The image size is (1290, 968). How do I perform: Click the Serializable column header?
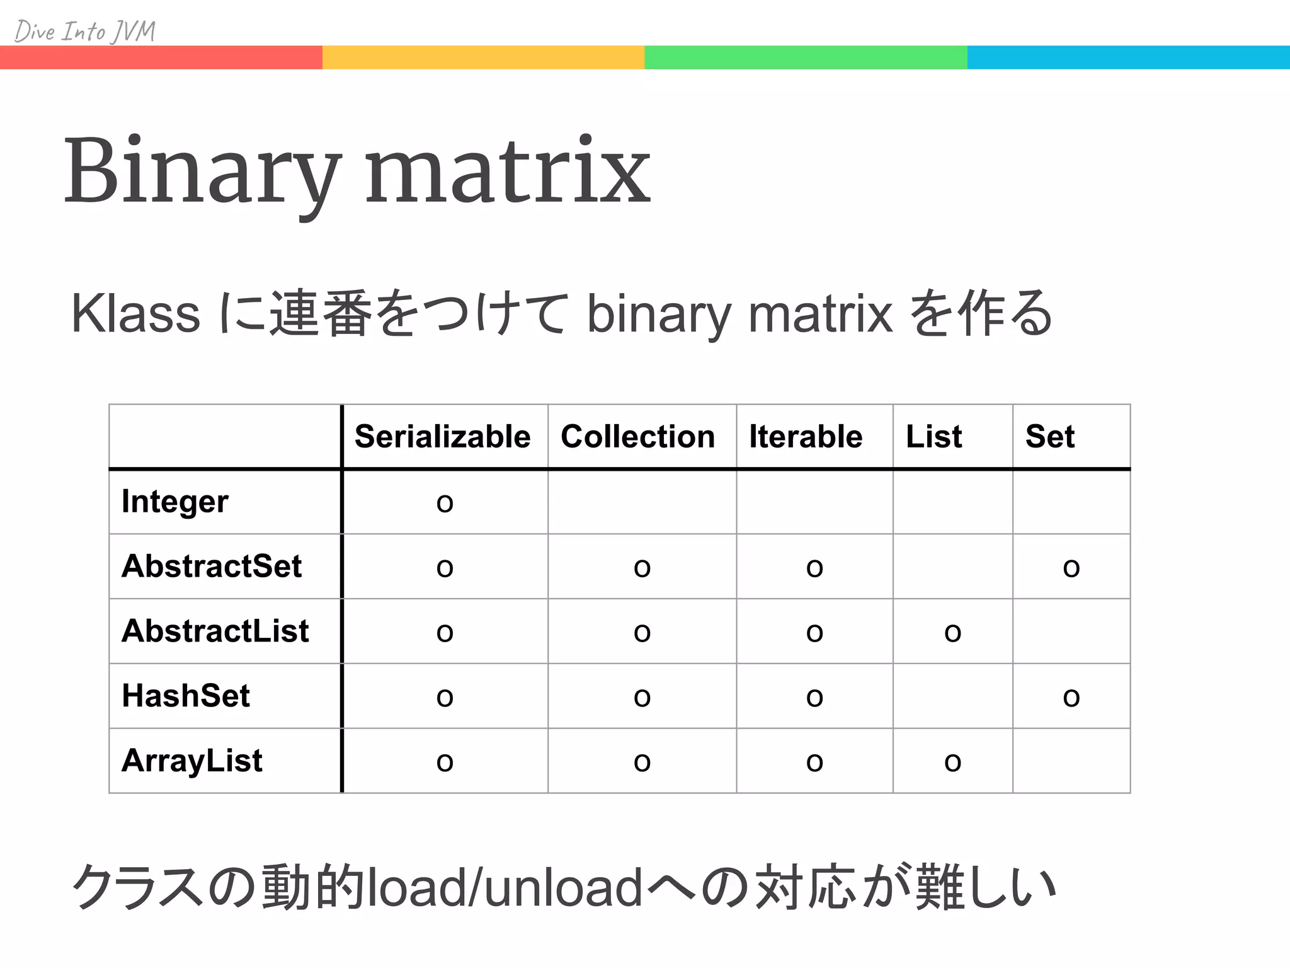tap(442, 437)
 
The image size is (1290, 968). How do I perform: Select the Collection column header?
tap(637, 437)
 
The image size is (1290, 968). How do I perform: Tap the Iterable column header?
tap(805, 437)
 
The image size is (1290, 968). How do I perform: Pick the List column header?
tap(933, 437)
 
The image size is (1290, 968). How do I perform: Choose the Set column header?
tap(1049, 437)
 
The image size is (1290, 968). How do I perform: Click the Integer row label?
tap(174, 502)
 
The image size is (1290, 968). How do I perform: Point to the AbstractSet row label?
tap(212, 566)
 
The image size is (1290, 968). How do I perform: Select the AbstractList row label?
tap(215, 631)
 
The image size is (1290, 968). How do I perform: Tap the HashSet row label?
tap(186, 696)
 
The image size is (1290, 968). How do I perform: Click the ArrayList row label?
tap(191, 761)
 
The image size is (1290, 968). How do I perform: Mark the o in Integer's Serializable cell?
tap(445, 504)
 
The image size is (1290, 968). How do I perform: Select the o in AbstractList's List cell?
tap(952, 633)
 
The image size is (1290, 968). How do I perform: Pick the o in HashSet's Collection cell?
tap(642, 698)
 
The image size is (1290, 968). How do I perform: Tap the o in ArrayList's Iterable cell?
tap(814, 763)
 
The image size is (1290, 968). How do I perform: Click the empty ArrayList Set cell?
tap(1071, 761)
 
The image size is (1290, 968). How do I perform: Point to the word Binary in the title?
tap(203, 171)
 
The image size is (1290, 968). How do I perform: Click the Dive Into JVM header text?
tap(84, 31)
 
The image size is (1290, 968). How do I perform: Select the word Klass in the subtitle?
tap(135, 314)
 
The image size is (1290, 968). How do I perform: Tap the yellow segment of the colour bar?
tap(483, 57)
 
